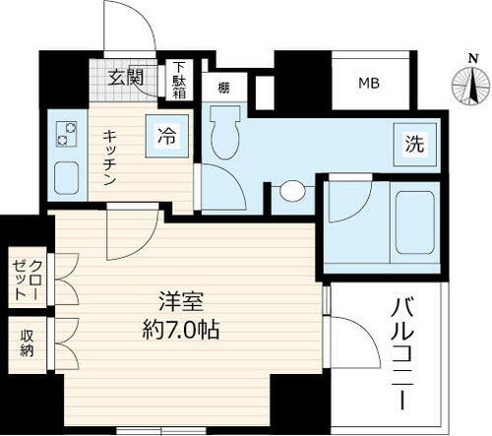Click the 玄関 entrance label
(125, 76)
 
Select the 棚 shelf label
(224, 87)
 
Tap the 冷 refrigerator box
(167, 137)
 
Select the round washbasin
(292, 191)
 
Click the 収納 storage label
(27, 343)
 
